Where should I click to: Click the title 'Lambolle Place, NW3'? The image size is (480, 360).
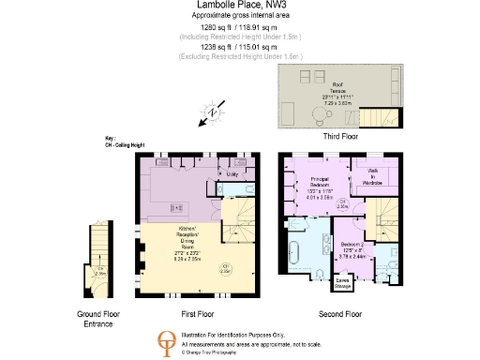[239, 6]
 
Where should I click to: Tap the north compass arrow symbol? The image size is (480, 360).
[212, 114]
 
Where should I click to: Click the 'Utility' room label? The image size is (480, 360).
[231, 174]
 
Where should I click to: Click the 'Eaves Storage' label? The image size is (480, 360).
[344, 279]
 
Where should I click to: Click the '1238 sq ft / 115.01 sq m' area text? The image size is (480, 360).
[239, 47]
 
